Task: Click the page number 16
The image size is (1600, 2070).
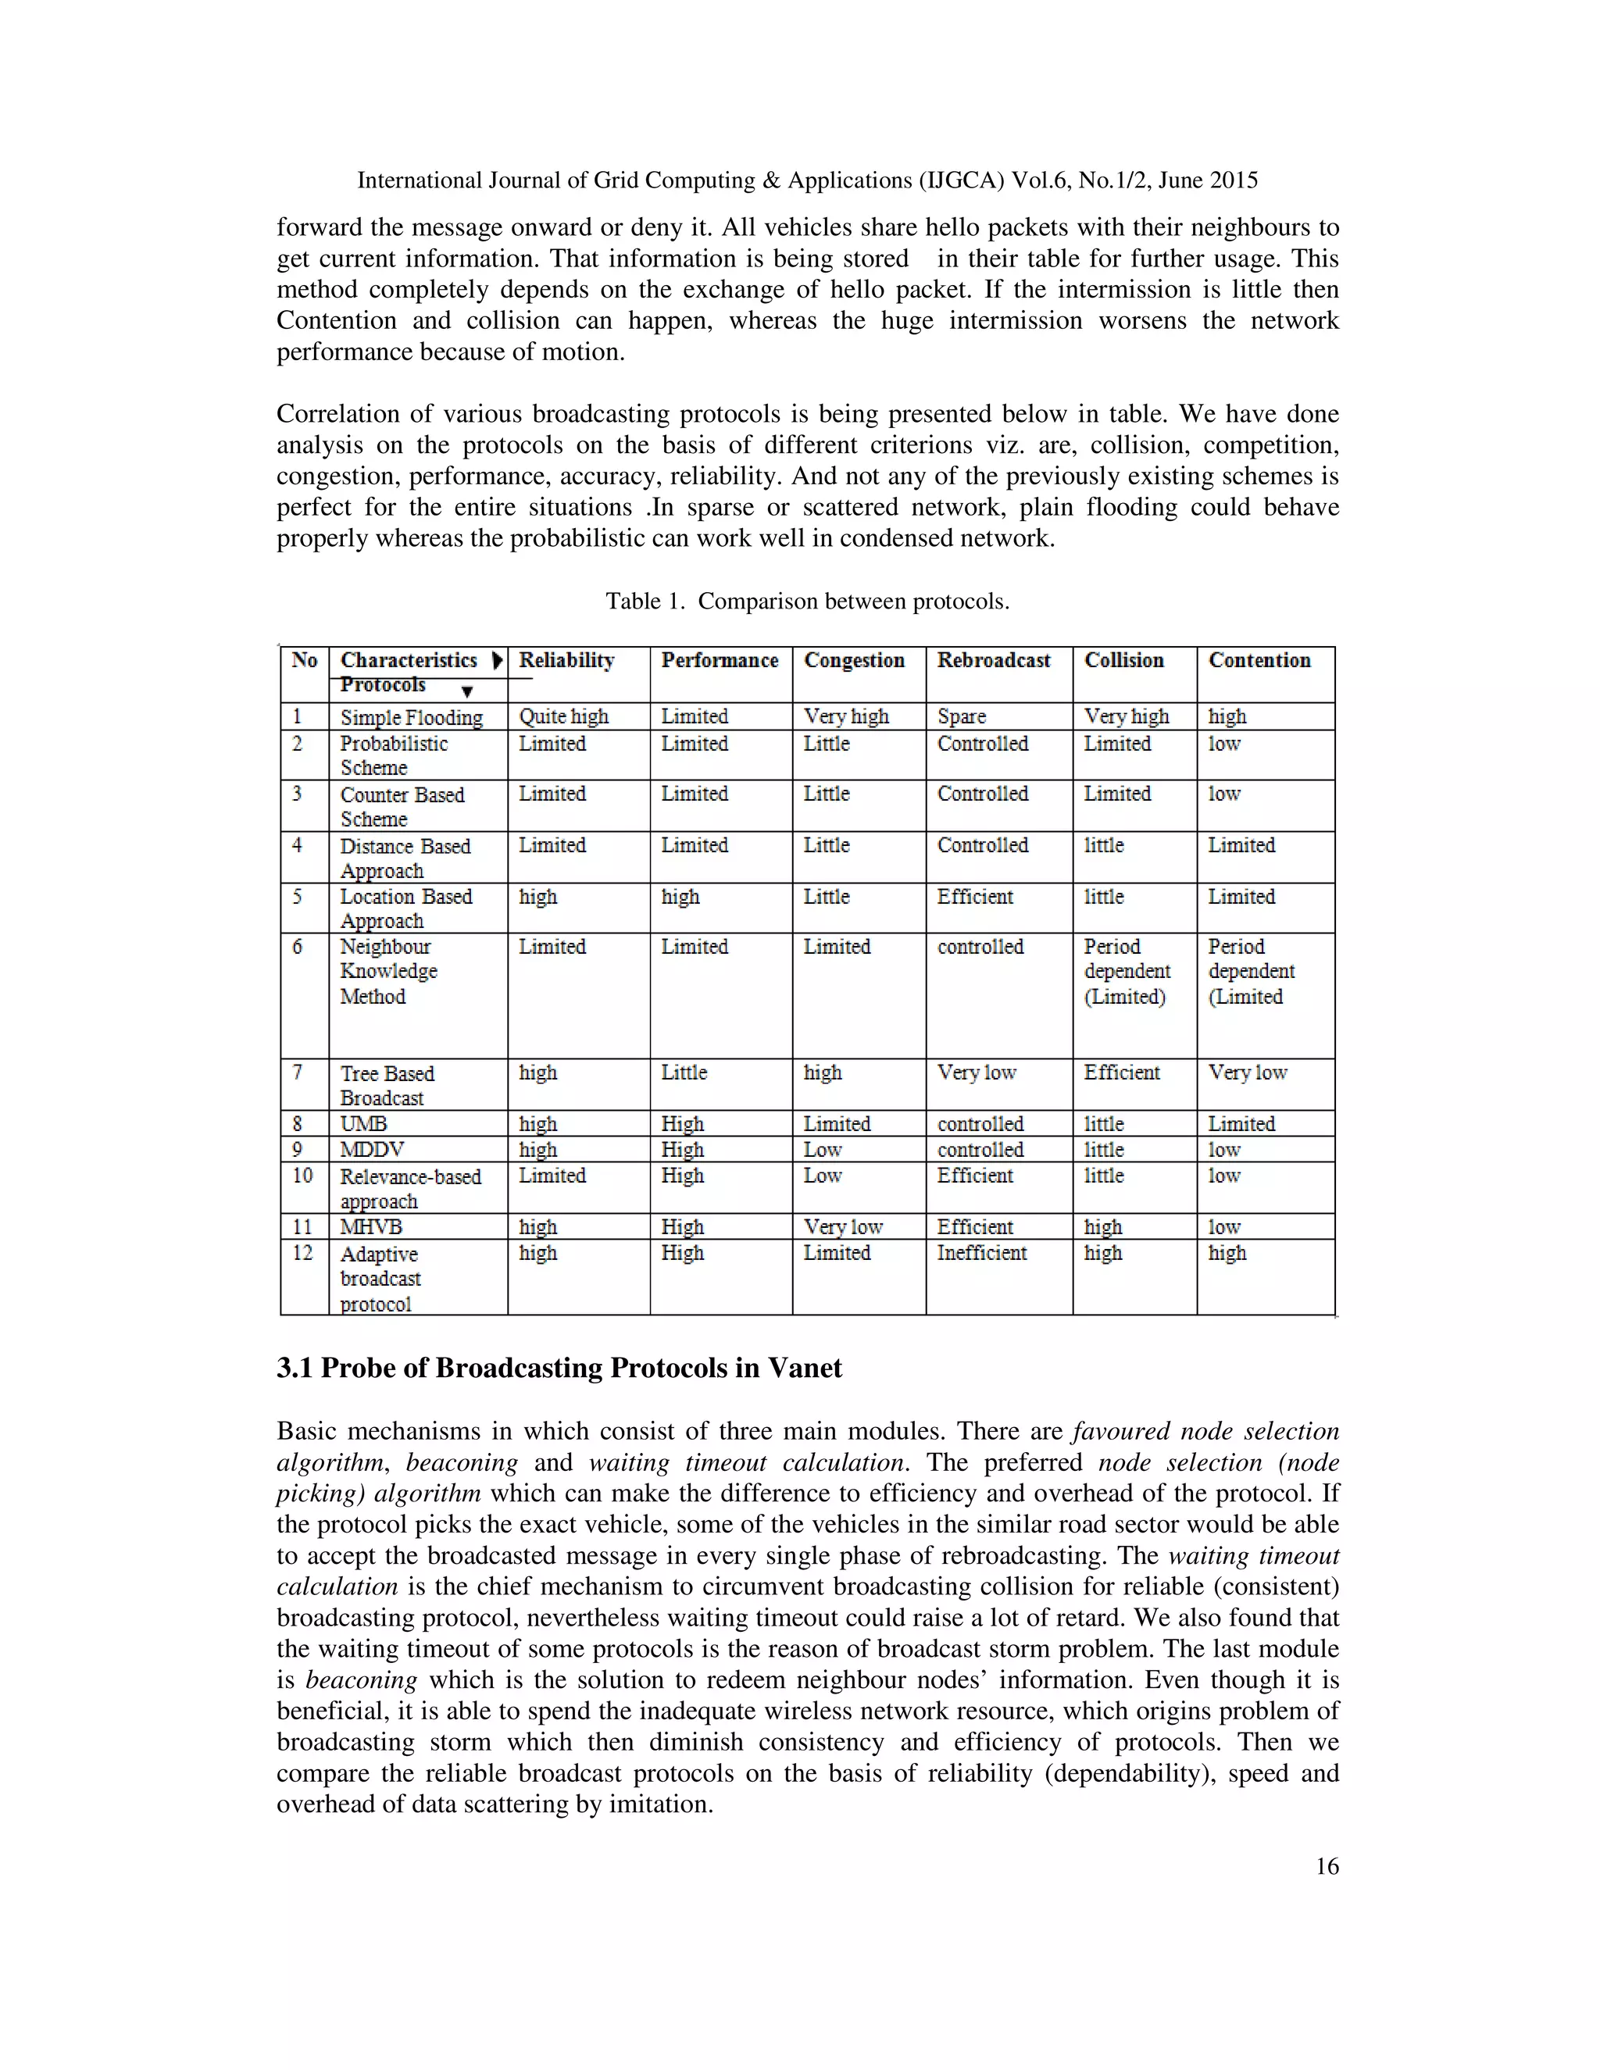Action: coord(1327,1866)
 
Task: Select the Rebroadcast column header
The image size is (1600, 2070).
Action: coord(994,661)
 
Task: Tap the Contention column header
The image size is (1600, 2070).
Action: coord(1259,661)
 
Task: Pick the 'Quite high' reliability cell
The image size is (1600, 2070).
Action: coord(563,716)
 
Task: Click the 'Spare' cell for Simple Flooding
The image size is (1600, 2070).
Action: coord(961,716)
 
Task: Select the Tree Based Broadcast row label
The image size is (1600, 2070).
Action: coord(387,1085)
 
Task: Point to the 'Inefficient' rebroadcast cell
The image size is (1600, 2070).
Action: coord(981,1253)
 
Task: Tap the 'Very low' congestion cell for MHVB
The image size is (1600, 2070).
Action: coord(843,1226)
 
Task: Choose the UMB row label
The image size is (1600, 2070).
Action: coord(363,1124)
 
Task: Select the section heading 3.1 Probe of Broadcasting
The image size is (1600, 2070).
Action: coord(559,1368)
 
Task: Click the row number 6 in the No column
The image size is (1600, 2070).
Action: coord(298,946)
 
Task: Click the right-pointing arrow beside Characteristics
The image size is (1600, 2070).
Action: coord(497,661)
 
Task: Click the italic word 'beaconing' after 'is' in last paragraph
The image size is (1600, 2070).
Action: coord(360,1680)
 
